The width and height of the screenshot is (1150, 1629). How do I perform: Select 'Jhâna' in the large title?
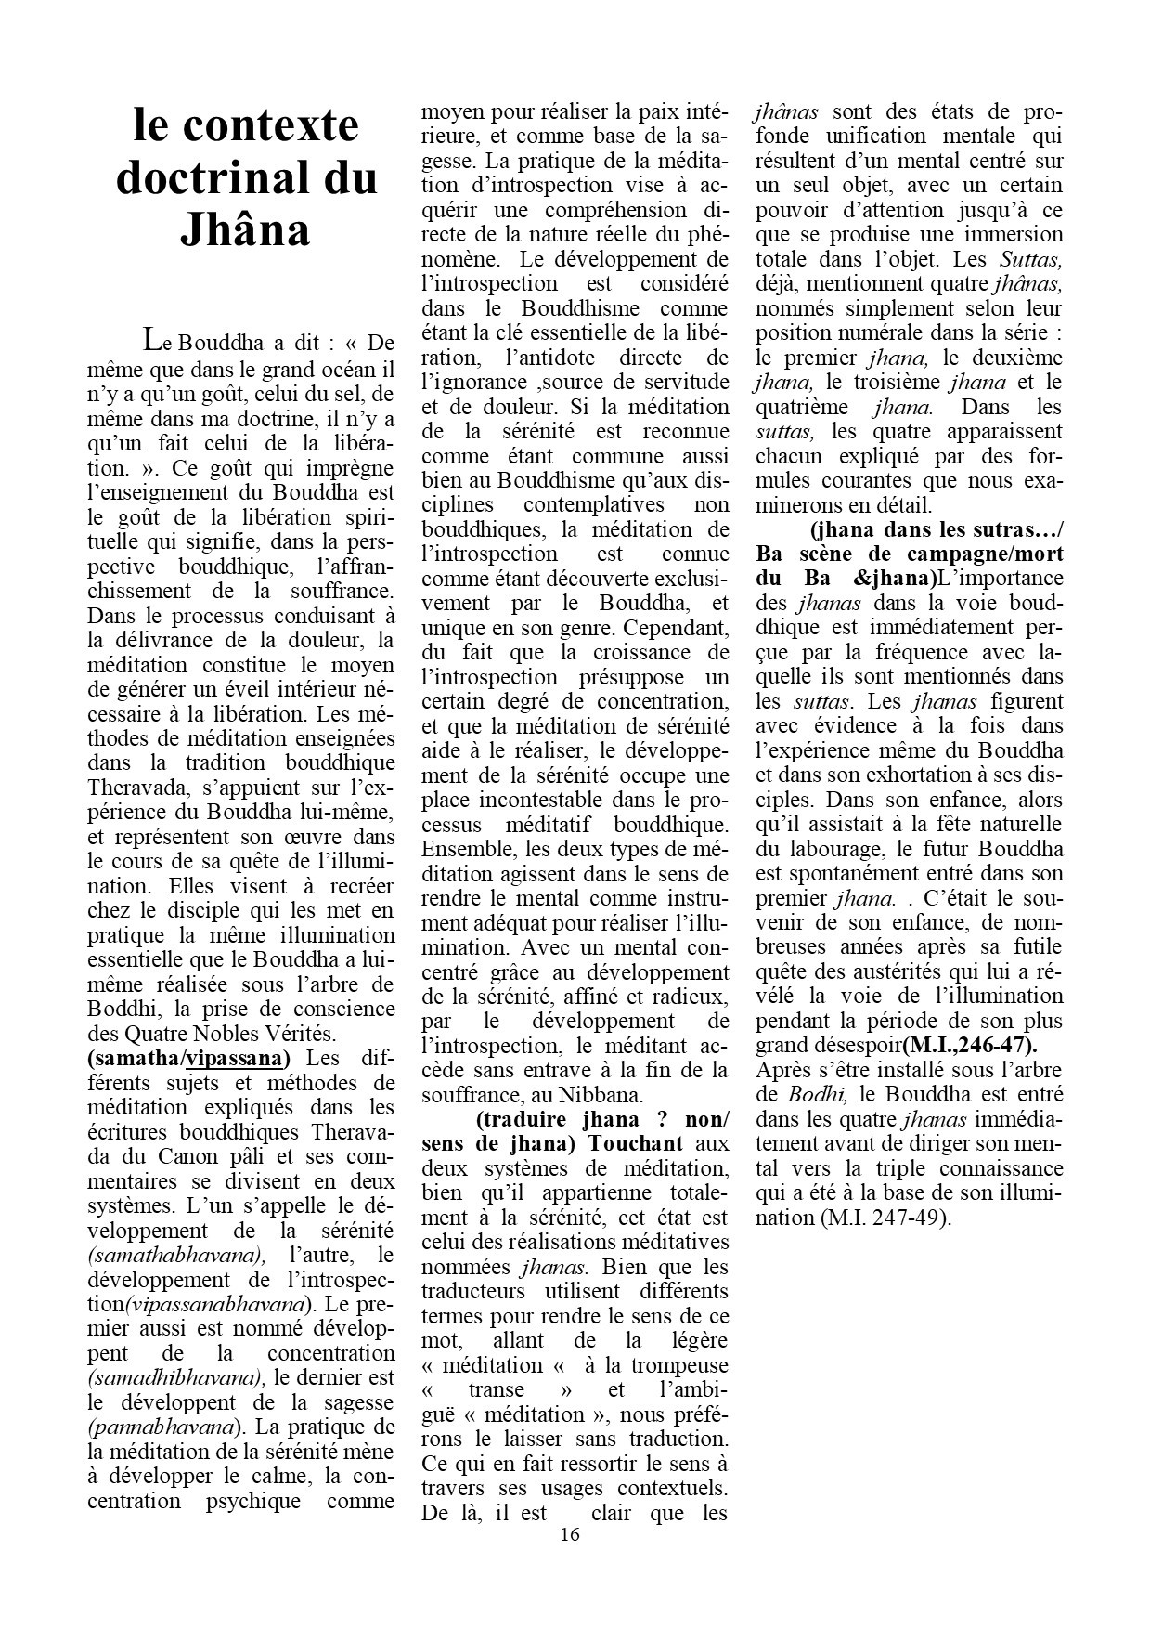pyautogui.click(x=245, y=229)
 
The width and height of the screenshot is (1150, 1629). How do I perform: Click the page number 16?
pyautogui.click(x=570, y=1534)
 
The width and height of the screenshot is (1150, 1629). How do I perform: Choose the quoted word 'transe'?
pyautogui.click(x=497, y=1390)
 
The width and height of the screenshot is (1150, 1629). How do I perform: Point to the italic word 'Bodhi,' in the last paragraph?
pyautogui.click(x=818, y=1095)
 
